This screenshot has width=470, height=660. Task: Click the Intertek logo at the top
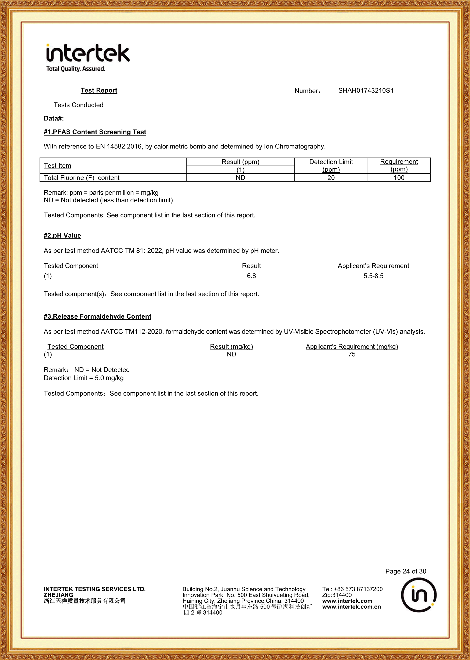click(88, 57)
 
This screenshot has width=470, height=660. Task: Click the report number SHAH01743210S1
click(366, 91)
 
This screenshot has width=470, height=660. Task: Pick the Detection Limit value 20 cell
click(331, 178)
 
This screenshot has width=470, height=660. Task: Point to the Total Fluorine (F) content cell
click(82, 178)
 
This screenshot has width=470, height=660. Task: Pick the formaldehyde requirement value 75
click(352, 354)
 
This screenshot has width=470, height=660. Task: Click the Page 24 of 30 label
click(406, 571)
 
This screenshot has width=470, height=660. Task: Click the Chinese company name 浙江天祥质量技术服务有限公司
click(85, 601)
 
